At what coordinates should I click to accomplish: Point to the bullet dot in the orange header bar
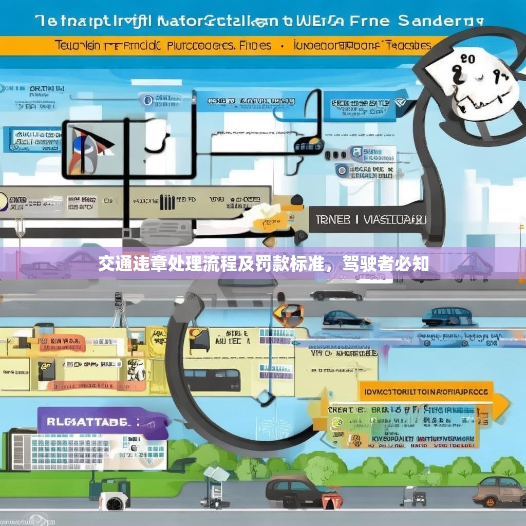[x=282, y=46]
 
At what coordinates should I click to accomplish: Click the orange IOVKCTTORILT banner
[x=426, y=391]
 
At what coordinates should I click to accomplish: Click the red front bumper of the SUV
[x=331, y=499]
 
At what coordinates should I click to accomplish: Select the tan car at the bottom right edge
[x=499, y=491]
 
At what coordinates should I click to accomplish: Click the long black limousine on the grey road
[x=337, y=295]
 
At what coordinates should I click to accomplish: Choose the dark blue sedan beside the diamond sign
[x=346, y=317]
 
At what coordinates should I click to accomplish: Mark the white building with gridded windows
[x=87, y=452]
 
